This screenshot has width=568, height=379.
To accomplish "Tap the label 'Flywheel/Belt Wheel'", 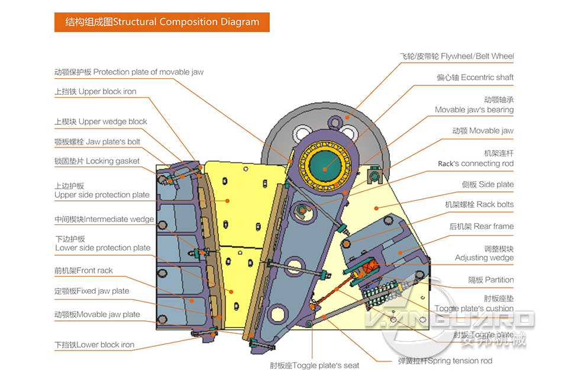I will point(456,56).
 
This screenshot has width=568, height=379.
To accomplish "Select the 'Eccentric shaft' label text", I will point(475,77).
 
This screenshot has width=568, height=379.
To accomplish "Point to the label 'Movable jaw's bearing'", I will point(474,110).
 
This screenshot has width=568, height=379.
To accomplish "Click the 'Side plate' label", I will point(488,184).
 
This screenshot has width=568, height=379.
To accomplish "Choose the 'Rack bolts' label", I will point(479,204).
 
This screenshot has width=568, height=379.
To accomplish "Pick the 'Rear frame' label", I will point(481,226).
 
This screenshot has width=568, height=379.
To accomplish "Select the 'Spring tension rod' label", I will point(444,361).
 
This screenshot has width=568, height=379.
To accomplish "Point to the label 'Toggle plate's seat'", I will point(314,365).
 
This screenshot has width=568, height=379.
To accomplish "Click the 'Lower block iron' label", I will point(94,345).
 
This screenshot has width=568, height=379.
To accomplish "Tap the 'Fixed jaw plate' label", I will point(92,291).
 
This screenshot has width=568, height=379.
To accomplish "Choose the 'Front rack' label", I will point(83,271).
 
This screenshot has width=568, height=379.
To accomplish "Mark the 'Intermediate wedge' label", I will point(104,219).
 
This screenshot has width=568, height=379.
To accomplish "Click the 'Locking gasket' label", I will point(97,161).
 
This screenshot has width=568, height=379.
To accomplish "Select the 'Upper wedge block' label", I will point(101,121).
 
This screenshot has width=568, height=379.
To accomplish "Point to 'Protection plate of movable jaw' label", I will point(129,72).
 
